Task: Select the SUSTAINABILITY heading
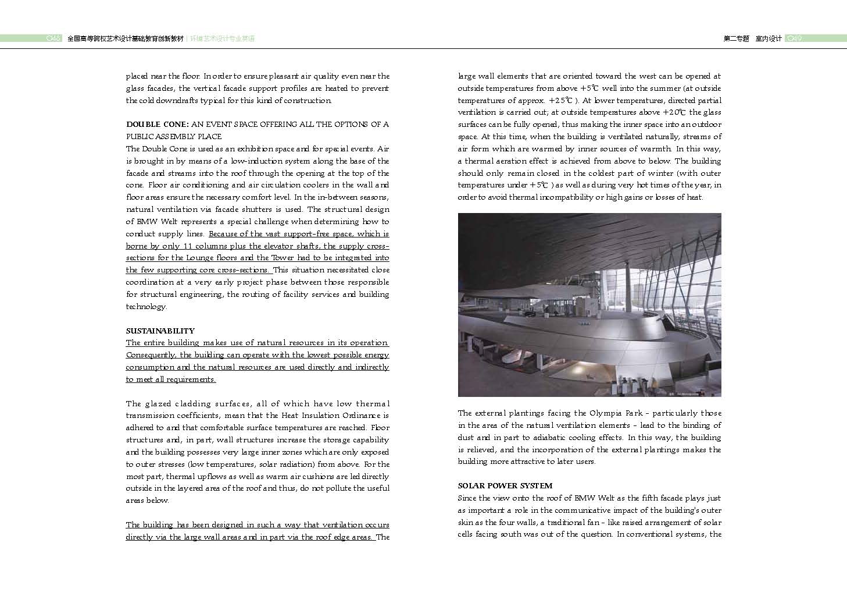click(160, 331)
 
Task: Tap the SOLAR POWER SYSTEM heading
click(505, 485)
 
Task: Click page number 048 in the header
click(53, 38)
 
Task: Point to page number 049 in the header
click(794, 38)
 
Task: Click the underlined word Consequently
click(150, 355)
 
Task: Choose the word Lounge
click(201, 258)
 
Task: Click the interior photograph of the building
click(589, 304)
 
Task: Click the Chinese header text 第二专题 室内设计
click(752, 38)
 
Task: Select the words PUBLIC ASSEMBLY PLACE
click(174, 137)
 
